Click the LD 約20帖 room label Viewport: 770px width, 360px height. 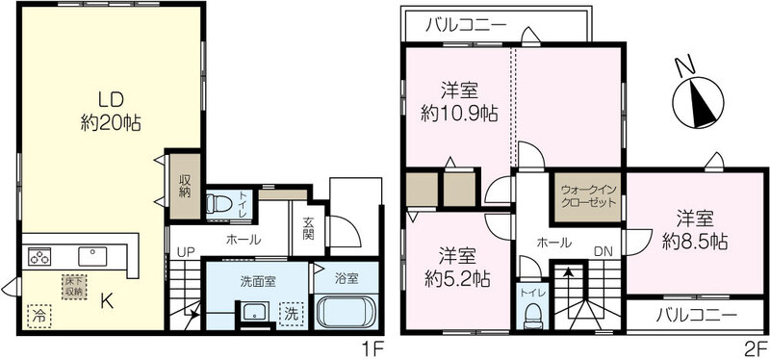point(111,112)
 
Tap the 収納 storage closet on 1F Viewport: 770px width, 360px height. point(185,186)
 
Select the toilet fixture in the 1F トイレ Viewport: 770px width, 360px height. point(218,203)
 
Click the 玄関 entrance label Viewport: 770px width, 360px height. point(308,228)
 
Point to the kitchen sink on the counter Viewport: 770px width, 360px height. point(92,256)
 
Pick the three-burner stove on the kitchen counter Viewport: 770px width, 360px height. point(39,256)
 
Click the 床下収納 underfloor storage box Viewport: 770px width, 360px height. point(74,286)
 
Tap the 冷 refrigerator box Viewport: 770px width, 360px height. point(39,317)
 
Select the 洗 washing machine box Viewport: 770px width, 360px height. point(292,315)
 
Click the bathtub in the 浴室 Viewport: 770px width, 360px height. point(346,312)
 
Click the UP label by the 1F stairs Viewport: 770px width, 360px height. point(186,252)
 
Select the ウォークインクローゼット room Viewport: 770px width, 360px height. point(588,196)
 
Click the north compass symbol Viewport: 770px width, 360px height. point(697,101)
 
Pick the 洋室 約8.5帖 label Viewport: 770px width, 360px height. point(695,229)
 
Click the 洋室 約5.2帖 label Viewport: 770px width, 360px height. point(457,268)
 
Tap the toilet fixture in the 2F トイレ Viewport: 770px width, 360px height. point(532,316)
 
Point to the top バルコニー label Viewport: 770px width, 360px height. point(466,25)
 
